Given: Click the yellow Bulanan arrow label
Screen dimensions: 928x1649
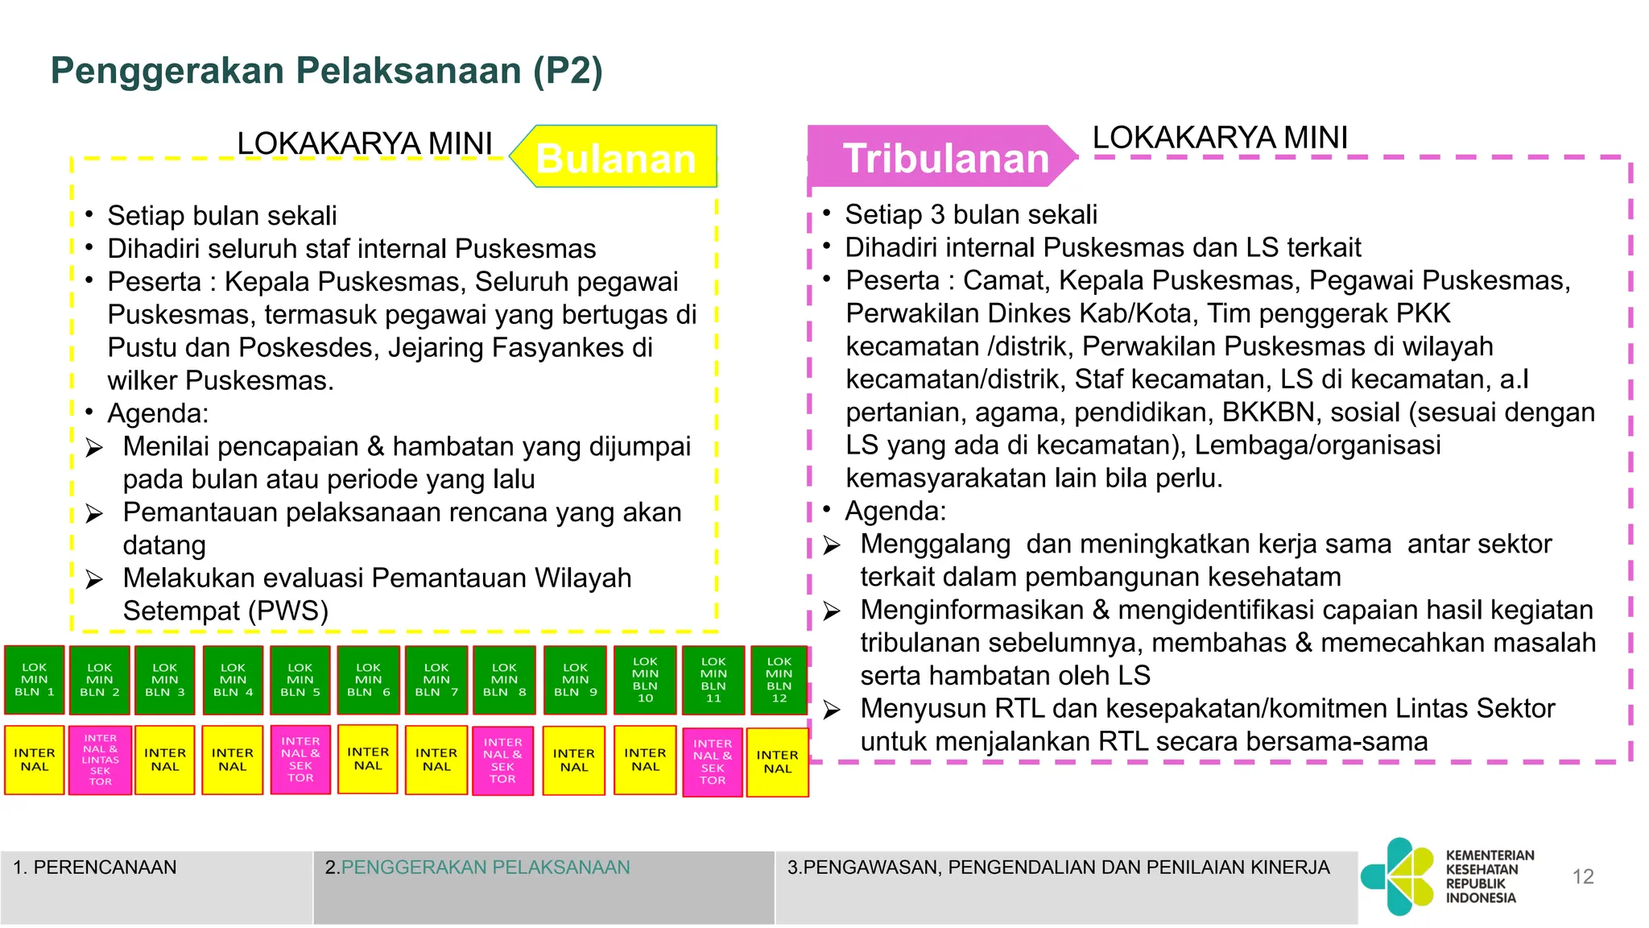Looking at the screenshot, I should coord(616,158).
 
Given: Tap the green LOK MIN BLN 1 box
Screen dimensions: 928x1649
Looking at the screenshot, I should coord(35,680).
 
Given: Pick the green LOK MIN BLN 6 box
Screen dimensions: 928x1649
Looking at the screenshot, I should coord(368,680).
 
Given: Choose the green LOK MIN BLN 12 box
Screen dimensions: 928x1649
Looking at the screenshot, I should coord(779,680).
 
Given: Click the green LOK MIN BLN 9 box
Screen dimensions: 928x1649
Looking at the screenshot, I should coord(575,680).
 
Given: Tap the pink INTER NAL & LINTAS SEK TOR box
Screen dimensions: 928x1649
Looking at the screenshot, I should coord(101,760).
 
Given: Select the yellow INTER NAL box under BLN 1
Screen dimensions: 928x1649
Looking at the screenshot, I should coord(35,760).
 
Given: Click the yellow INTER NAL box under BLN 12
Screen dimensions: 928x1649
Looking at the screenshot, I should coord(777,762).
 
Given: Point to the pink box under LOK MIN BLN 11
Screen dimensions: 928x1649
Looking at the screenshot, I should coord(713,762).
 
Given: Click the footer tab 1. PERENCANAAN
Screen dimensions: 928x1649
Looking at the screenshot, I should coord(156,886).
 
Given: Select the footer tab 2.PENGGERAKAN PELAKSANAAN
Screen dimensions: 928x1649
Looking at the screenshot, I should coord(543,886).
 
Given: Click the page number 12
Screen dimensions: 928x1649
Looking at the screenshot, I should coord(1583,876).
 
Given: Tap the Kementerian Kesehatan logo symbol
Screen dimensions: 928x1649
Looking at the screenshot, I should coord(1399,876).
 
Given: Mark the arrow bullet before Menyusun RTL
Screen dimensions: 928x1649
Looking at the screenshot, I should coord(832,710).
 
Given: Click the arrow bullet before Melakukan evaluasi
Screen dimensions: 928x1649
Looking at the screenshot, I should coord(94,580).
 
